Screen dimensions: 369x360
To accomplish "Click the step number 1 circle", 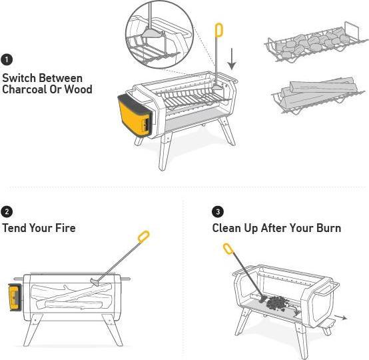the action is coord(7,59).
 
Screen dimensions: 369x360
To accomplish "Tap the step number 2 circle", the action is coord(7,211).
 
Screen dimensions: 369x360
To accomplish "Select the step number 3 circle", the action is coord(218,211).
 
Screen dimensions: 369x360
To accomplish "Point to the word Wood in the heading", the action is coord(79,89).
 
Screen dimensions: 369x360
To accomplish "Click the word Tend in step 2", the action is coord(15,228).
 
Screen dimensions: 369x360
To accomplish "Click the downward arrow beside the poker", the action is coord(232,59).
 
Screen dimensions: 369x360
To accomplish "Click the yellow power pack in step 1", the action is coord(133,115).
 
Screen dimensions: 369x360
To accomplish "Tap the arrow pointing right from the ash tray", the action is coord(341,317).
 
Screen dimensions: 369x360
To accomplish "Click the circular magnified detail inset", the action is coord(159,35).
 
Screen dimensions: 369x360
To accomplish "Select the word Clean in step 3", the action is coord(226,228).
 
